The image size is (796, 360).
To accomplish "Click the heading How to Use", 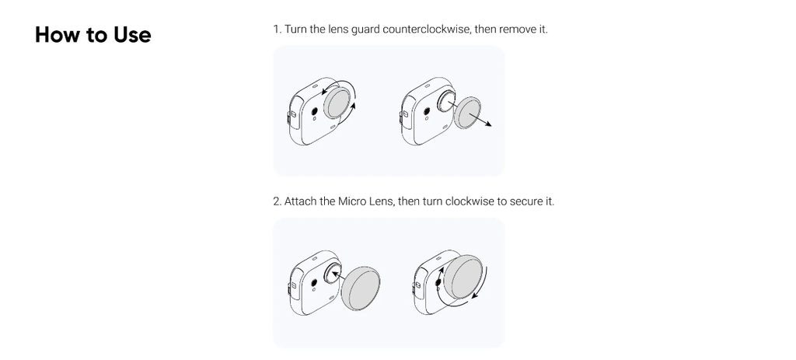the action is tap(93, 34).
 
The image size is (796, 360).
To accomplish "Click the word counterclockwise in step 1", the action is tap(427, 29).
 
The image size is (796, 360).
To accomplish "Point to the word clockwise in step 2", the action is tap(470, 201).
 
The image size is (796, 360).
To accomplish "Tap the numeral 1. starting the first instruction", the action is tap(278, 29).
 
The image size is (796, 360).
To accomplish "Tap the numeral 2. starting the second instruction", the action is tap(278, 201).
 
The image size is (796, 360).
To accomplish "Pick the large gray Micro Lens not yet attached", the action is tap(361, 287).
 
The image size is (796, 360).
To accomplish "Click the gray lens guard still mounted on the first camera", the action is tap(337, 103).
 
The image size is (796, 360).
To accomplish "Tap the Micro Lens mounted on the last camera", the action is tap(463, 278).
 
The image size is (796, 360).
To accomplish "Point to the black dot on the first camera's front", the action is tap(314, 111).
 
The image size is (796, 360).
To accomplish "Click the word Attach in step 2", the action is tap(300, 201).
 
